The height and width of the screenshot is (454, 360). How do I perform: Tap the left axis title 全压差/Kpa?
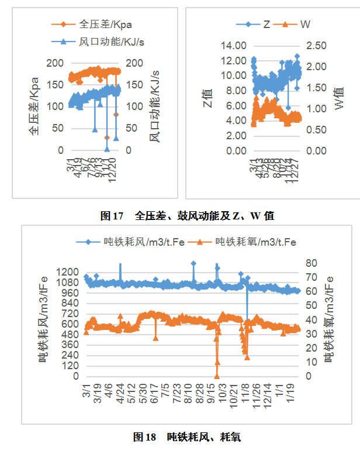coord(34,105)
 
